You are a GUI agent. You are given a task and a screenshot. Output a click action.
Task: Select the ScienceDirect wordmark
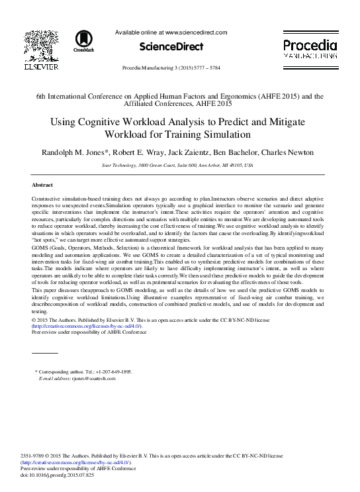(171, 46)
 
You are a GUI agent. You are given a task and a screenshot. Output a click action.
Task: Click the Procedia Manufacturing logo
(310, 47)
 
